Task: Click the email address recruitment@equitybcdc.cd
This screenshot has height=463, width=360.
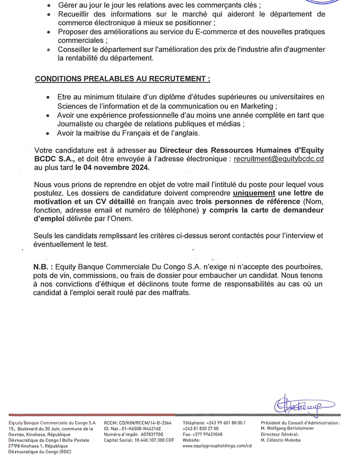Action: [x=279, y=158]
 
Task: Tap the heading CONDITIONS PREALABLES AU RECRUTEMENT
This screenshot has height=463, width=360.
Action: [x=123, y=79]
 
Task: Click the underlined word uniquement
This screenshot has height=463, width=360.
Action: [x=255, y=193]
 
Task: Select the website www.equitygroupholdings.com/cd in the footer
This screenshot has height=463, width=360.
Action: [x=217, y=446]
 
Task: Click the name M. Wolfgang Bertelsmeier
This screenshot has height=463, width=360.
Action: [x=287, y=428]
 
